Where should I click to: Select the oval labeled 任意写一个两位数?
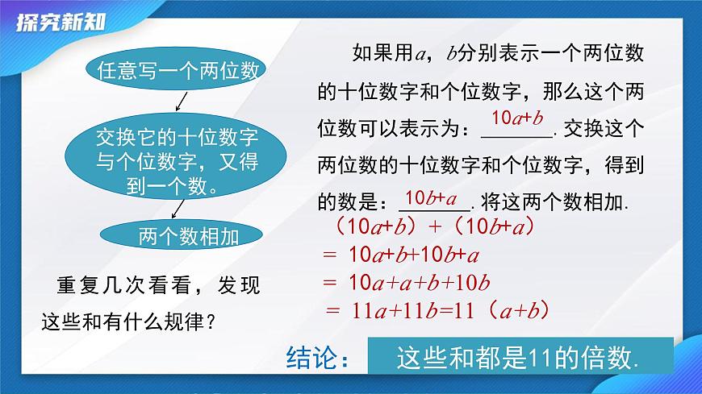click(178, 71)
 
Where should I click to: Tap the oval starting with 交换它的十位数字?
click(178, 160)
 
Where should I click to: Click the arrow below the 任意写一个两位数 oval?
click(181, 102)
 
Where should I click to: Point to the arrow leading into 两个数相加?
click(177, 210)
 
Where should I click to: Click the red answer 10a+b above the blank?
click(516, 119)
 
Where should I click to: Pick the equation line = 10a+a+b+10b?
click(407, 283)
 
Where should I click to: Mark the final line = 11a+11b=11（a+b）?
click(437, 309)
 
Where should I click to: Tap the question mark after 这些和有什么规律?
click(211, 322)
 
